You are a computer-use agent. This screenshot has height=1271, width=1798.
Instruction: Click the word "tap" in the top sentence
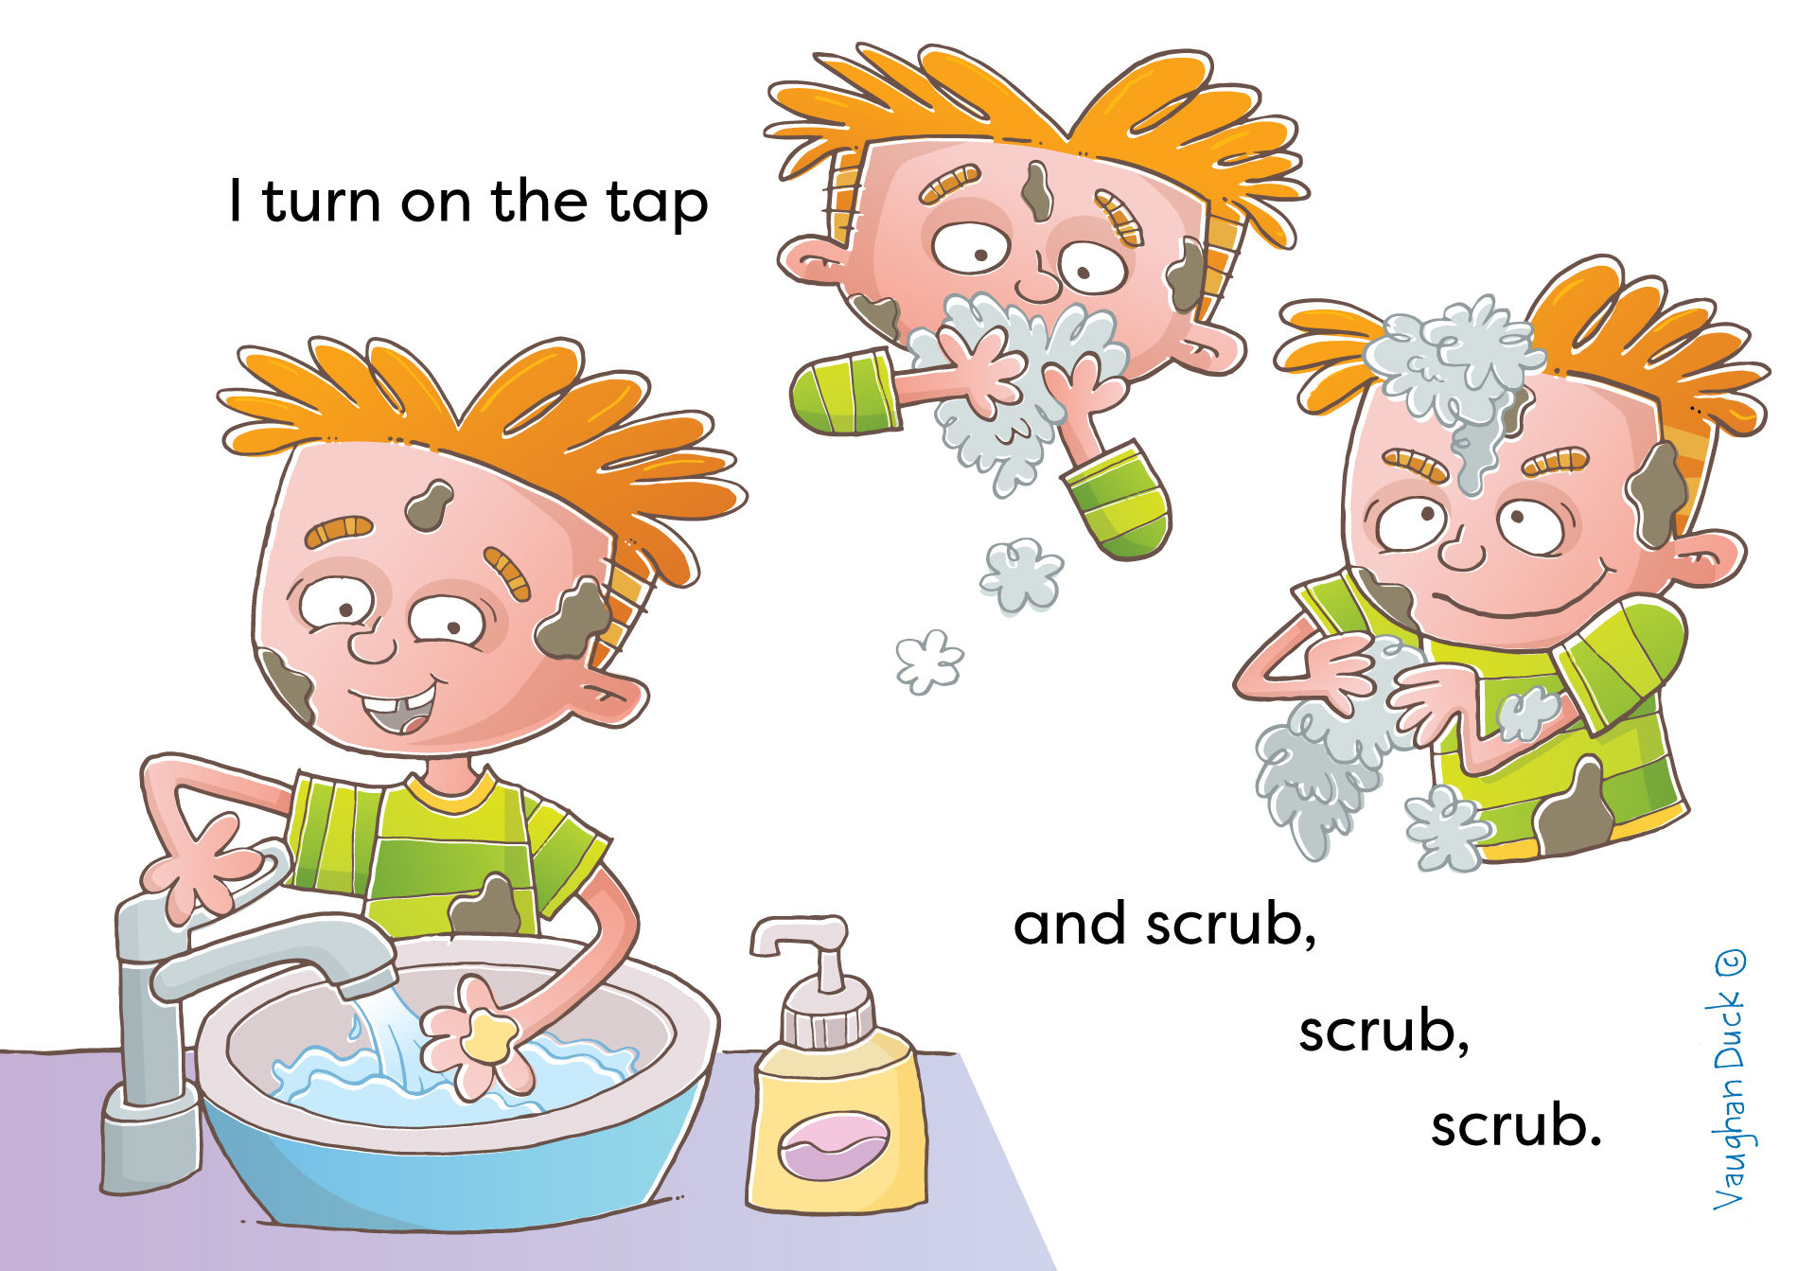(658, 203)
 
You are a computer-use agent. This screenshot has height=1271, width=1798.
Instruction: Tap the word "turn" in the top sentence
(322, 202)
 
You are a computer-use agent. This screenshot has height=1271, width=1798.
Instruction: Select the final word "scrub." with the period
(1516, 1125)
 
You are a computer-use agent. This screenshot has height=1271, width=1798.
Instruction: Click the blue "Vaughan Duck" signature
(1730, 1079)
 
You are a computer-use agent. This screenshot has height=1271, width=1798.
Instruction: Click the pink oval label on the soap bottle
(834, 1146)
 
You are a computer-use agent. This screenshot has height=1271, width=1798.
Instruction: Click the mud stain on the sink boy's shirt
(485, 907)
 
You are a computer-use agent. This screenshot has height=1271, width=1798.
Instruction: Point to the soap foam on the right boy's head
(1453, 374)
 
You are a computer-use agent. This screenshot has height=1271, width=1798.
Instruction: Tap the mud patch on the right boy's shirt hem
(1576, 809)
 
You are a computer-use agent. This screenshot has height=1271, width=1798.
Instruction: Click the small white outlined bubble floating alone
(929, 662)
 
